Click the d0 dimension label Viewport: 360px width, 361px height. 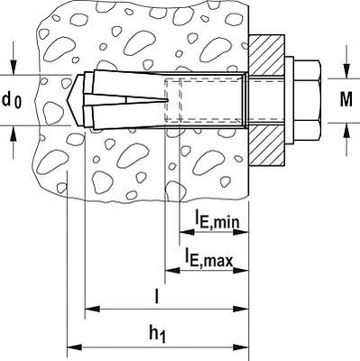[x=13, y=99]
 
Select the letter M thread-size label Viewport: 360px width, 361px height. [x=346, y=99]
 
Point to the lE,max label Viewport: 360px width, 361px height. [x=209, y=260]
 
